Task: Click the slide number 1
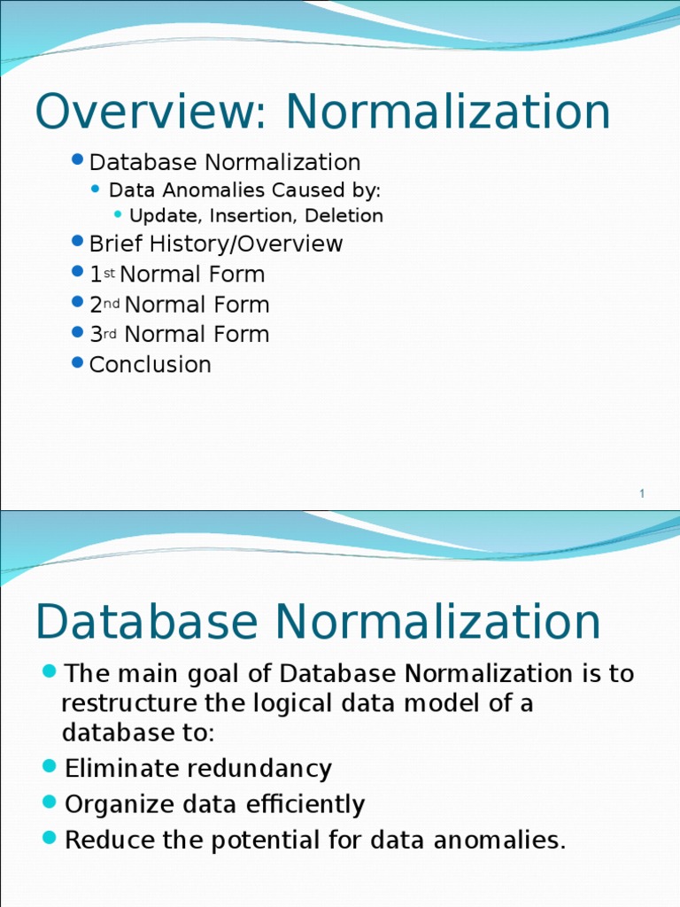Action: point(642,494)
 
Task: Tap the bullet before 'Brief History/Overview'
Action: point(78,242)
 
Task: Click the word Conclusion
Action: point(151,365)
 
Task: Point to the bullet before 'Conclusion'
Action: point(78,362)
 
